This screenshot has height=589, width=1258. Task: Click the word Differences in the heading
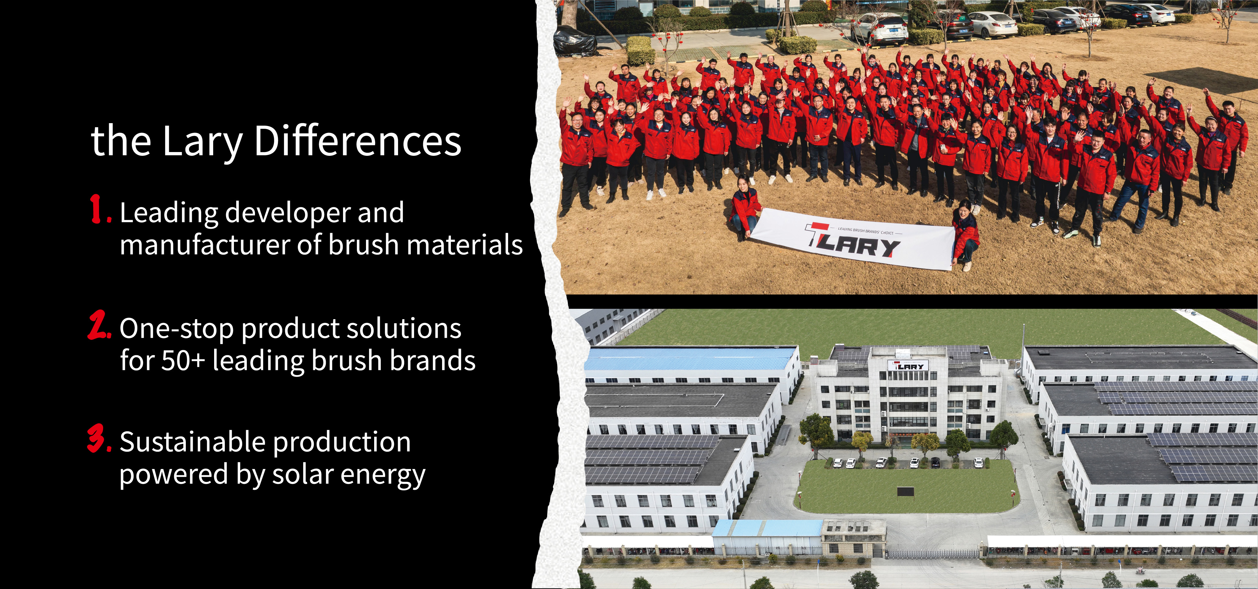click(357, 141)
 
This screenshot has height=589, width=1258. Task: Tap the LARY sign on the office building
click(908, 366)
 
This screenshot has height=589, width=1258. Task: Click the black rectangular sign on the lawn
click(906, 492)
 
